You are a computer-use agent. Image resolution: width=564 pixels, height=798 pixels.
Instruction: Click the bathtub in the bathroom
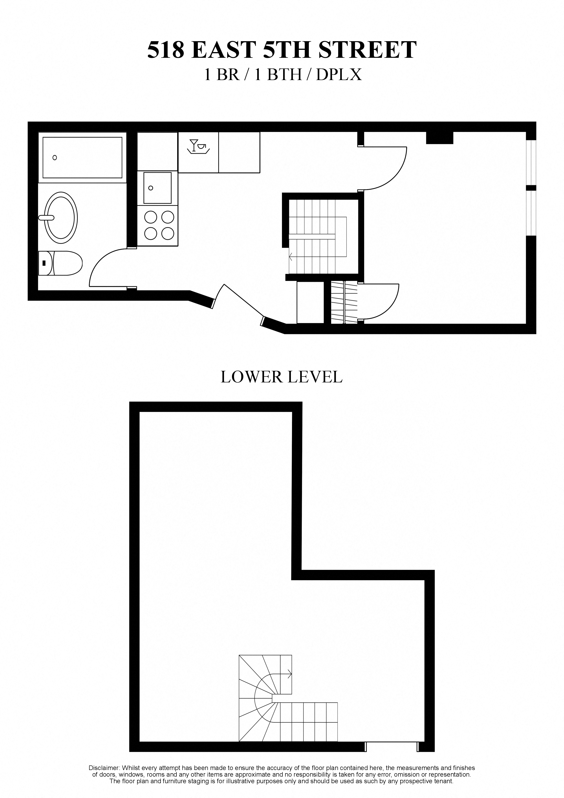82,157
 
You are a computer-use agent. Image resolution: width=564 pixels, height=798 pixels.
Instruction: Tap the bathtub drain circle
55,157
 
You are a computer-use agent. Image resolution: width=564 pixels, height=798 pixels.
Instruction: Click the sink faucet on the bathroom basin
46,218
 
